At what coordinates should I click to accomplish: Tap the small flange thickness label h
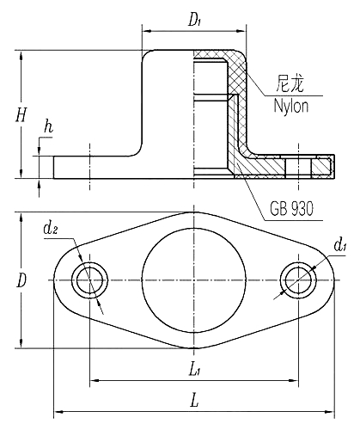point(49,129)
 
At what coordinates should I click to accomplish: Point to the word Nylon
point(291,105)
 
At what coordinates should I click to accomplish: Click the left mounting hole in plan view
point(90,280)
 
